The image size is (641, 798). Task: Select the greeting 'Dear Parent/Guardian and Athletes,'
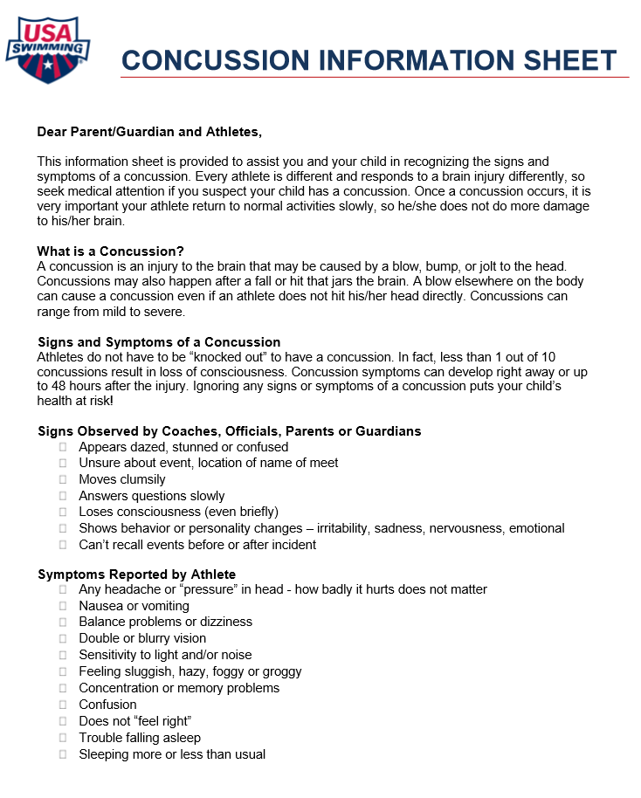coord(149,132)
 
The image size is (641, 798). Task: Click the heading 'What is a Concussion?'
coord(110,251)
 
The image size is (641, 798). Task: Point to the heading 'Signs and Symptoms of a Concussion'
coord(159,341)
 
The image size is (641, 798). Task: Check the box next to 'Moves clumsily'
coord(63,479)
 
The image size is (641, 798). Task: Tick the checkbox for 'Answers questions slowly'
coord(63,496)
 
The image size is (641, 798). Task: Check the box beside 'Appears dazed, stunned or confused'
coord(63,447)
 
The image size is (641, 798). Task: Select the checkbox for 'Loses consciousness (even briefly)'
coord(63,512)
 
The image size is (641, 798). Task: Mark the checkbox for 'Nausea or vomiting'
coord(63,606)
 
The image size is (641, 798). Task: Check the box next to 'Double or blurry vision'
coord(63,638)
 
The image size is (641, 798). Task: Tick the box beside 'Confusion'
coord(63,705)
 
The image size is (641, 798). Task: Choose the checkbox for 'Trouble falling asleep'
coord(63,738)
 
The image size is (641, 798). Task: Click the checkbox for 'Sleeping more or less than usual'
coord(63,754)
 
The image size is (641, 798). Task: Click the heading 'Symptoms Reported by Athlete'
coord(136,574)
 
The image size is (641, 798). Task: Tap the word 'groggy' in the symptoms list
coord(282,671)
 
